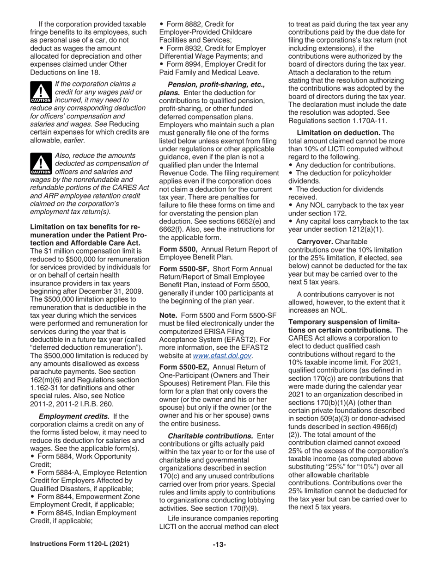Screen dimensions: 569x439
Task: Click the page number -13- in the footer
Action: (219, 544)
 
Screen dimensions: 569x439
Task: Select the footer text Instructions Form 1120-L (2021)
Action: (79, 544)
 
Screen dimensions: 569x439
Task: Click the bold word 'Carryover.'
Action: (314, 241)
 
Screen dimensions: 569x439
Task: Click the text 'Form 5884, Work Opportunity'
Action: (83, 456)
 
